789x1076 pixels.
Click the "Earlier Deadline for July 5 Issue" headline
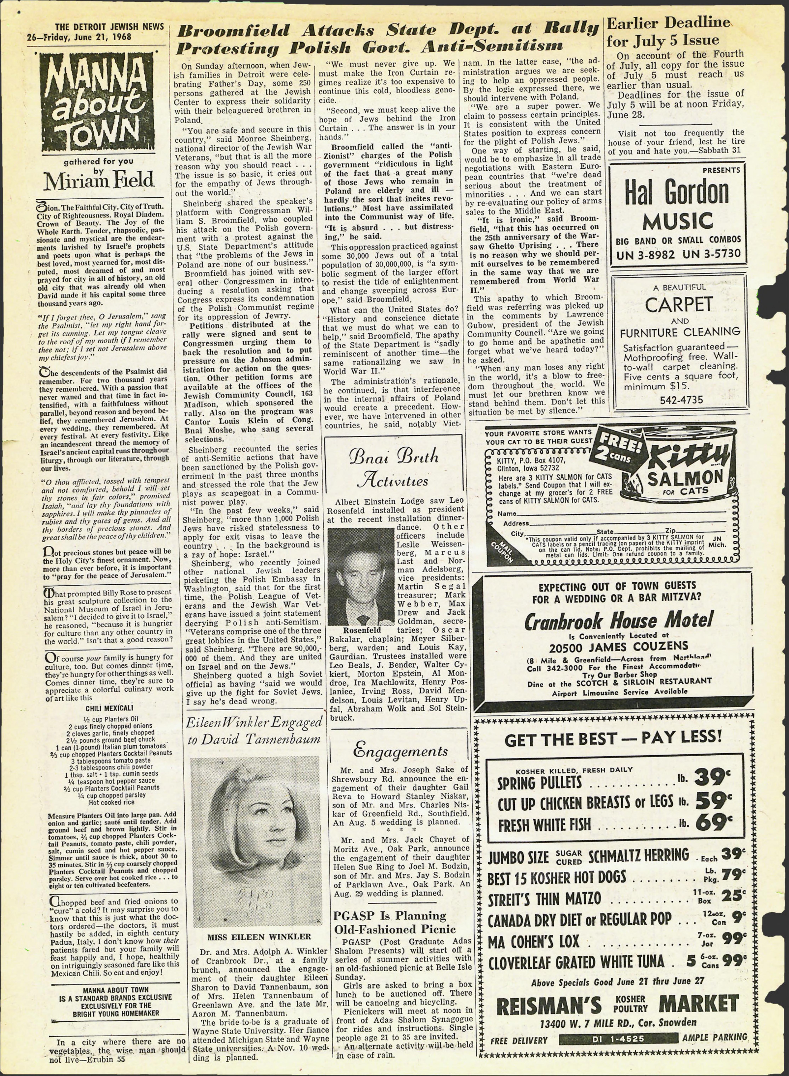tap(668, 31)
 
